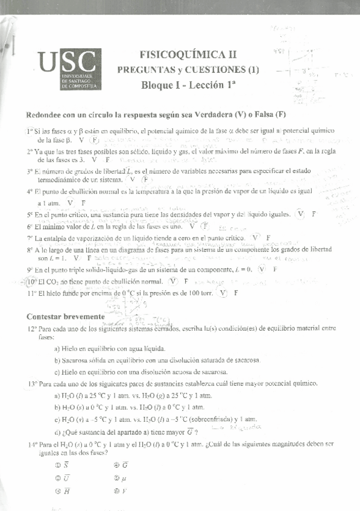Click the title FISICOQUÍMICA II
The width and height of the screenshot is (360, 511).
tap(185, 54)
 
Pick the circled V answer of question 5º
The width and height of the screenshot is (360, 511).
tap(302, 215)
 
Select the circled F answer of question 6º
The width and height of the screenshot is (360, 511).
tap(205, 227)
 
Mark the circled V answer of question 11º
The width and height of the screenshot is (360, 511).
tap(224, 293)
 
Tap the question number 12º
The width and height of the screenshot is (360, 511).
tap(32, 330)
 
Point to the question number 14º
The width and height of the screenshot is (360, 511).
tap(32, 444)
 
